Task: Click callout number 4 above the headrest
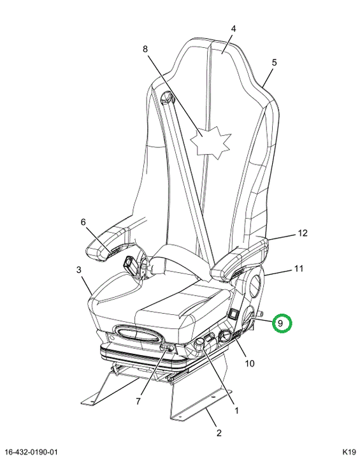coord(233,29)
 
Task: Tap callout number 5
coord(274,62)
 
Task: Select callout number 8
coord(145,49)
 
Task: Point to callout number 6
coord(83,222)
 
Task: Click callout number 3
coord(79,270)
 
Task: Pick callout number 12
coord(303,233)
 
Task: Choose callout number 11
coord(299,268)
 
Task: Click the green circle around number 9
coord(282,323)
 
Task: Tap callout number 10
coord(250,363)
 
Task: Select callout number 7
coord(138,401)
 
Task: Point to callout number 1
coord(236,411)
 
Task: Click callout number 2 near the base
coord(219,433)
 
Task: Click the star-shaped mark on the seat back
coord(210,143)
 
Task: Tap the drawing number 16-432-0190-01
coord(31,452)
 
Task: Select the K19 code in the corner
coord(349,452)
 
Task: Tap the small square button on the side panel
coord(234,314)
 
